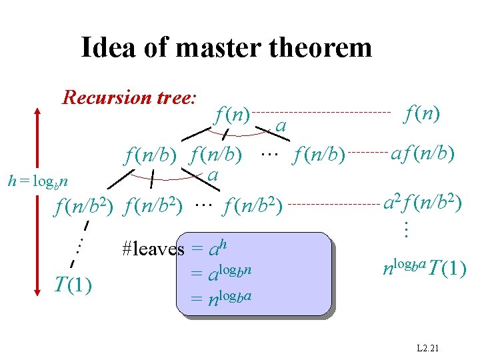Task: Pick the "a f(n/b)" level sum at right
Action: (x=423, y=155)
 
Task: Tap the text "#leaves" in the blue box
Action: (x=153, y=249)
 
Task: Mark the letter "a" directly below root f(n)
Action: (x=281, y=125)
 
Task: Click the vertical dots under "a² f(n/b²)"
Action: (x=404, y=231)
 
